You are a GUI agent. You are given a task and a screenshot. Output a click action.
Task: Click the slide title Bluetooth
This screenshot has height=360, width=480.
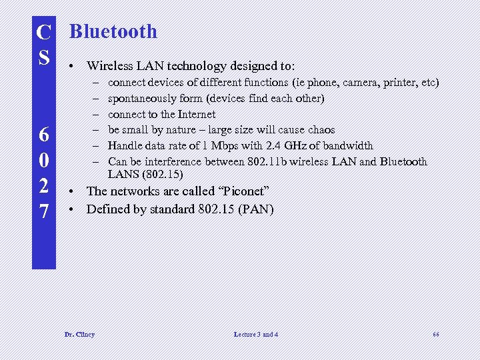tap(113, 31)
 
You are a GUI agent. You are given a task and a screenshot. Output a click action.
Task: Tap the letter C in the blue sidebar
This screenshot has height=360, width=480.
tap(44, 32)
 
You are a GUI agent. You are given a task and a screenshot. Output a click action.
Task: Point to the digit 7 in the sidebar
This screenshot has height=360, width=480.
tap(44, 211)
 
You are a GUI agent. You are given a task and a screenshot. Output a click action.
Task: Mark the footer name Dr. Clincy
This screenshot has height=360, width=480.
tap(79, 334)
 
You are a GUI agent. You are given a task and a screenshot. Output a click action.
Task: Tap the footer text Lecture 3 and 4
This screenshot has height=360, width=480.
tap(256, 334)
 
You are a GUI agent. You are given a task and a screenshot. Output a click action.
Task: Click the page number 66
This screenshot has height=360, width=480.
tap(435, 334)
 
